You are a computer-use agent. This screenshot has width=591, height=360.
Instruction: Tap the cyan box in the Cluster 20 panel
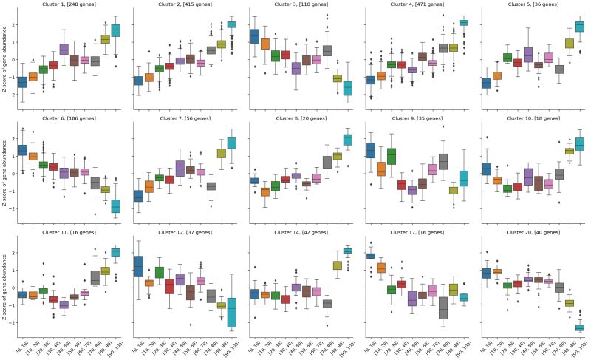(580, 327)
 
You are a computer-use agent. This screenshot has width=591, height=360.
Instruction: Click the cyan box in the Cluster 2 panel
(231, 24)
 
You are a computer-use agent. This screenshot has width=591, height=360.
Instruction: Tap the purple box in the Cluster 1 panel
(64, 50)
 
